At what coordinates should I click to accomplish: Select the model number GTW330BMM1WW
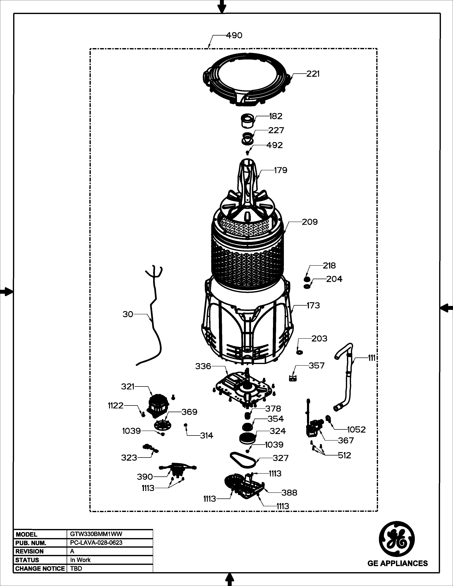96,534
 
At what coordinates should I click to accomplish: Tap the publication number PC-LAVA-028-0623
96,542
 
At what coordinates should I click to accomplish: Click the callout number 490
234,35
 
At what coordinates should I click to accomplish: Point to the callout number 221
313,74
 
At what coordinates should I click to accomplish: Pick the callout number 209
310,222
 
